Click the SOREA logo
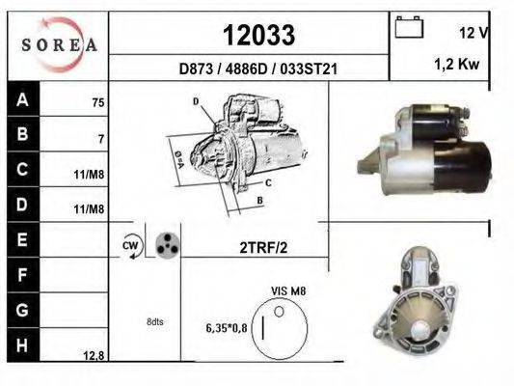coord(59,44)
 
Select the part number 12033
coord(259,35)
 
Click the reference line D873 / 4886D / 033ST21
coord(258,69)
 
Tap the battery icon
coord(409,27)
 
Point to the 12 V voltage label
coord(473,33)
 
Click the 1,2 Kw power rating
coord(457,64)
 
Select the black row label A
coord(23,99)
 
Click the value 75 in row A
coord(98,103)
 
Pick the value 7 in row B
coord(101,139)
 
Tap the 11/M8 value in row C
coord(89,175)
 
